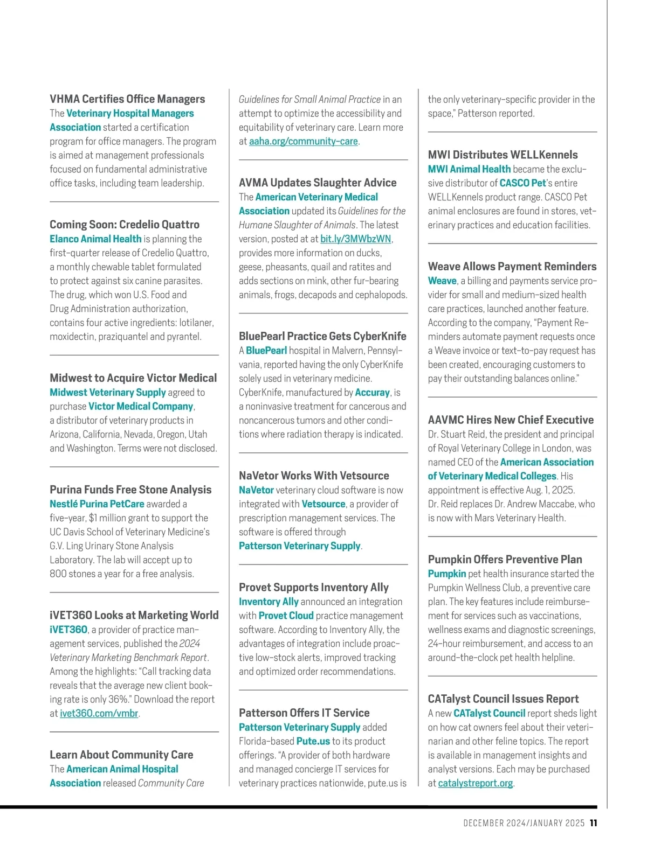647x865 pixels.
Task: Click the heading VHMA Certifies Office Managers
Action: click(127, 99)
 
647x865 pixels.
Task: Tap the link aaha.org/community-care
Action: click(303, 142)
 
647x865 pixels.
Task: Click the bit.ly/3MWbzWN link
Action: click(355, 239)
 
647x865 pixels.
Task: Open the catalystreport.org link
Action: click(475, 783)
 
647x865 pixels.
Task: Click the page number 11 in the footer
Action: click(593, 823)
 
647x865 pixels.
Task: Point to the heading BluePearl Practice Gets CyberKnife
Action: click(322, 336)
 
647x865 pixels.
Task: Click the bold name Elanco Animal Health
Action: click(95, 239)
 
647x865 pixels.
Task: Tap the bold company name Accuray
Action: click(372, 393)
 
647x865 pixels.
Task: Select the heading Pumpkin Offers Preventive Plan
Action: click(505, 560)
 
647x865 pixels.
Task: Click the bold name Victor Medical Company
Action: click(141, 407)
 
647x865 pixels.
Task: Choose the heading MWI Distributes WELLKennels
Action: click(503, 155)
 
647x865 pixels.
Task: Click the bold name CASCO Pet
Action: click(522, 183)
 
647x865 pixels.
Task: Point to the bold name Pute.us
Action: click(313, 742)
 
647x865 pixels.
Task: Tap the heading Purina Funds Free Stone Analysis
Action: click(130, 490)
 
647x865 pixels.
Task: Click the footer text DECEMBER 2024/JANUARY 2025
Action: click(524, 823)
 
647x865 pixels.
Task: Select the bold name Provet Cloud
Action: click(286, 616)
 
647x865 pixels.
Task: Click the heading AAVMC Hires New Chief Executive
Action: click(511, 420)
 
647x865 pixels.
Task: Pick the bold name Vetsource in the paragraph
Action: click(323, 504)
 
